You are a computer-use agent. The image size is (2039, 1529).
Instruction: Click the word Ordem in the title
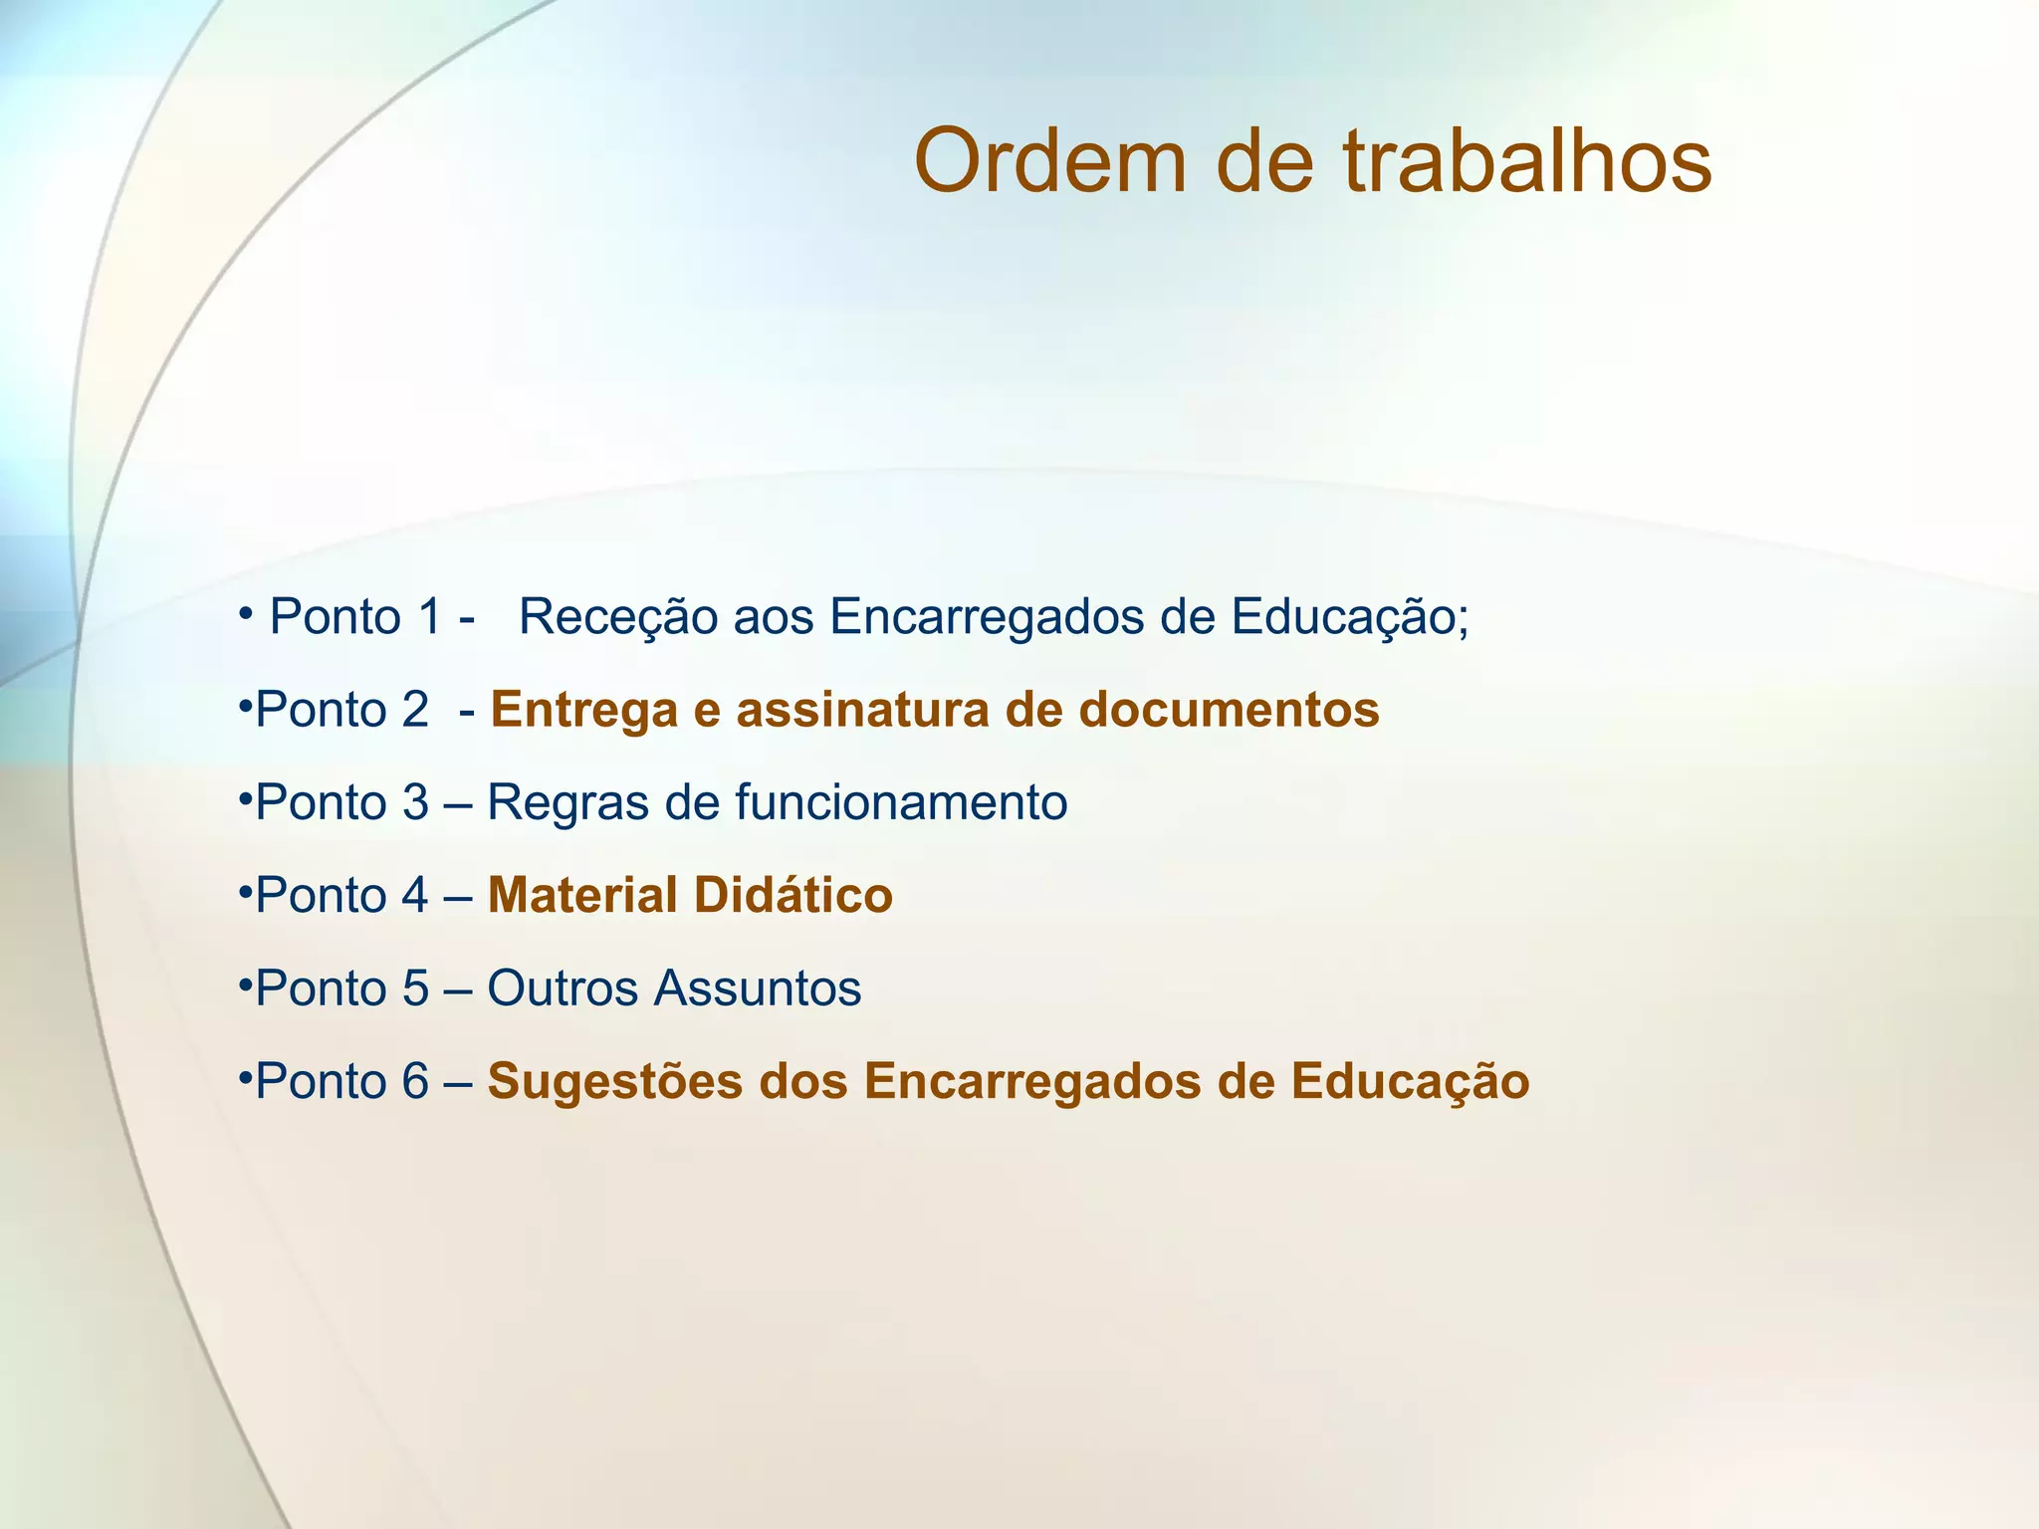pyautogui.click(x=1050, y=161)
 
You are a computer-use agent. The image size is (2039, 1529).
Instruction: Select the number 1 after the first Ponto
pyautogui.click(x=429, y=617)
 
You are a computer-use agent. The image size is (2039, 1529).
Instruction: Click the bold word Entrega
pyautogui.click(x=597, y=711)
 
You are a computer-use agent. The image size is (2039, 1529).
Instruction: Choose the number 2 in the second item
pyautogui.click(x=415, y=711)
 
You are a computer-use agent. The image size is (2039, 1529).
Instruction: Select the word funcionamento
pyautogui.click(x=901, y=802)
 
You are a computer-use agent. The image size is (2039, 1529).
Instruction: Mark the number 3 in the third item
pyautogui.click(x=415, y=803)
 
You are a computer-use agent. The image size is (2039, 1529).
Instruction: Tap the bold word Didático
pyautogui.click(x=793, y=895)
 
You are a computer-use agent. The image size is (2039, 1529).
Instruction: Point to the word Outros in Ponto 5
pyautogui.click(x=563, y=988)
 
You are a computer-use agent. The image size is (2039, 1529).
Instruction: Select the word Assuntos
pyautogui.click(x=758, y=988)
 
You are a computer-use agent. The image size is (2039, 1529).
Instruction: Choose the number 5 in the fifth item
pyautogui.click(x=415, y=988)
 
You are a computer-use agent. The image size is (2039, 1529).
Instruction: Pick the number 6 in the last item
pyautogui.click(x=415, y=1082)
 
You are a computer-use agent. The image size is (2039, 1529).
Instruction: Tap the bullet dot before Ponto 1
pyautogui.click(x=244, y=611)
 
